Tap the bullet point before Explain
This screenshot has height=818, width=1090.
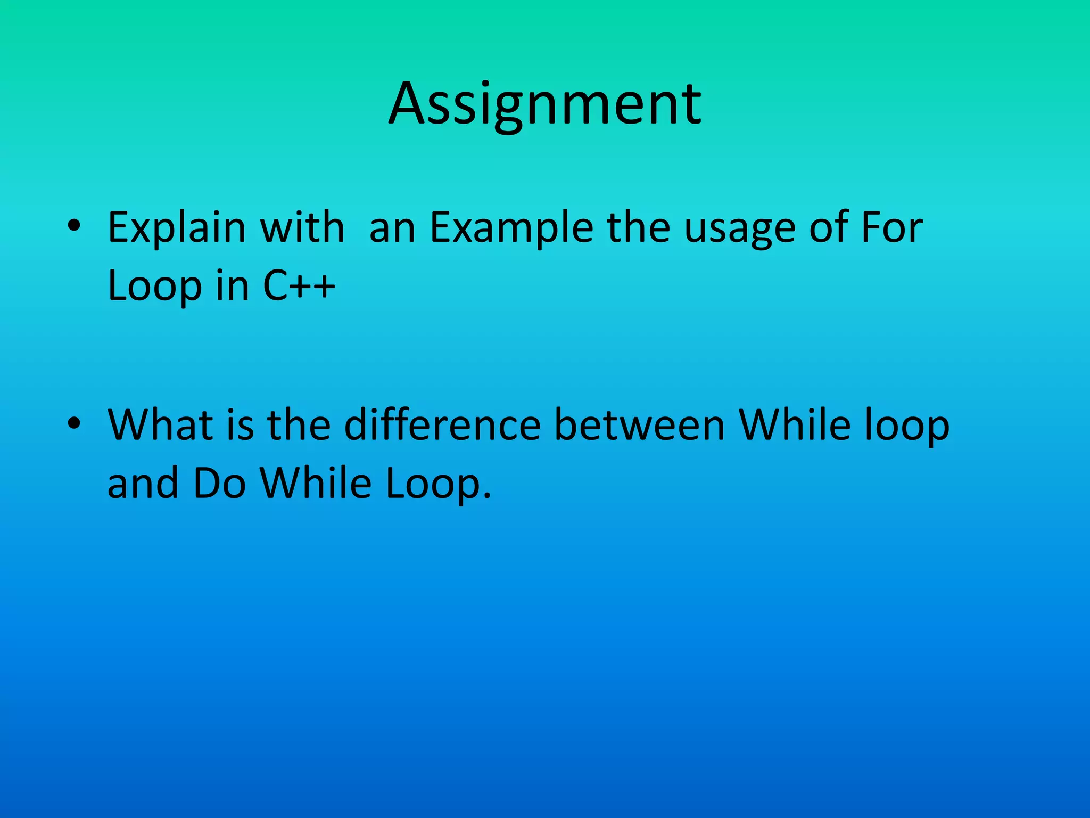(74, 226)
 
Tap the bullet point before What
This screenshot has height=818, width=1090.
(74, 423)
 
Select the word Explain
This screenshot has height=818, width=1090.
(176, 228)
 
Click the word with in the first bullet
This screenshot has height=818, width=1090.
(302, 228)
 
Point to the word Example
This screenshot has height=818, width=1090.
(511, 228)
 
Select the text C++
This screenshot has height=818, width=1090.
(299, 286)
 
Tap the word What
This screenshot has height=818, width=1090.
(160, 425)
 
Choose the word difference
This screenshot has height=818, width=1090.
(442, 425)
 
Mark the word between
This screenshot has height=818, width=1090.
(639, 425)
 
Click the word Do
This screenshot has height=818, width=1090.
(219, 483)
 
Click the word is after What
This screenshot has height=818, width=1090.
(240, 425)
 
